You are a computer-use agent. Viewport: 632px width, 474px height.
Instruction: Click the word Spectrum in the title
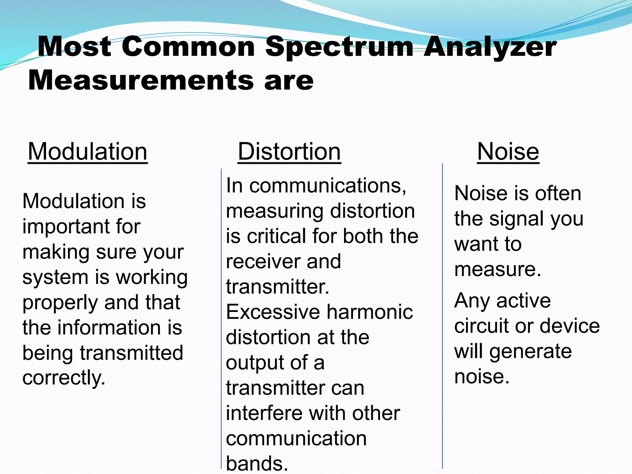(339, 47)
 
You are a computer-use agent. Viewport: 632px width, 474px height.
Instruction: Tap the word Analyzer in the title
(490, 47)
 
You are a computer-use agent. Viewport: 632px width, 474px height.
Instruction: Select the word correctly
(64, 378)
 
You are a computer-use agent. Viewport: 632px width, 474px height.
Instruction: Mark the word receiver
(263, 262)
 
